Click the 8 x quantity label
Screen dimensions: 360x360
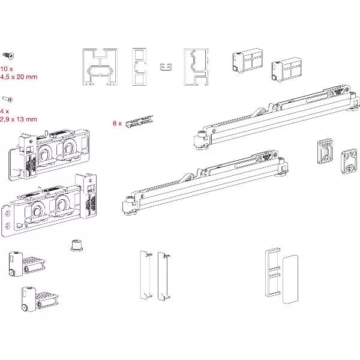(117, 123)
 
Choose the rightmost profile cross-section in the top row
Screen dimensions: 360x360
(199, 66)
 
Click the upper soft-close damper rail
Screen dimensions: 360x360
(276, 117)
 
